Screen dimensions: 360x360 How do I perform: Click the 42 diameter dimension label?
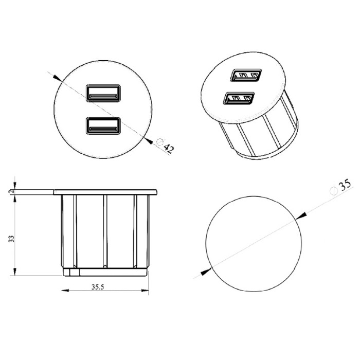click(169, 149)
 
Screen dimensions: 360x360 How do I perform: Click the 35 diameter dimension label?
click(345, 185)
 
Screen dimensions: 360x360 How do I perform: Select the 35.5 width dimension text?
click(98, 287)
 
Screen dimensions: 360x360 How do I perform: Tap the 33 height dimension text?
click(11, 239)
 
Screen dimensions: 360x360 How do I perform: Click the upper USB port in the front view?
click(103, 93)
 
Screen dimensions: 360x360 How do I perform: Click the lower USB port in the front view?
click(103, 125)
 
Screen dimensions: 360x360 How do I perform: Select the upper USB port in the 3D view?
click(246, 75)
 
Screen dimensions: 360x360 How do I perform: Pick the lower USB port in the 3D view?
click(239, 98)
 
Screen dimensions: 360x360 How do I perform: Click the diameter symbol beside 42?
click(159, 142)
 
